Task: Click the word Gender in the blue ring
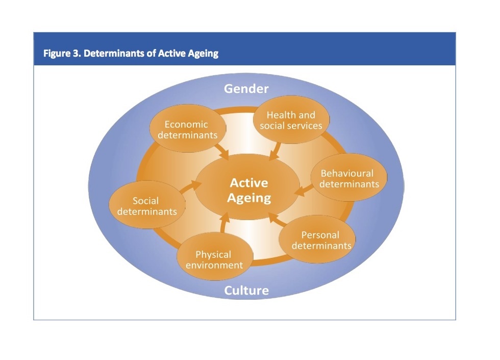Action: point(246,89)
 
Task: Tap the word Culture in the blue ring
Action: point(246,291)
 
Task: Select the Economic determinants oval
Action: point(188,128)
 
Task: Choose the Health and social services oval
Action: point(291,119)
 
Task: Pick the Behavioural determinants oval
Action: point(349,178)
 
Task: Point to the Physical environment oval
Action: point(215,256)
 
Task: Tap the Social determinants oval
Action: point(147,205)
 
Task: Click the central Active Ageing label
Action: point(249,190)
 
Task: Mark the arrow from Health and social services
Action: point(275,151)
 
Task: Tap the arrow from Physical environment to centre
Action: point(224,224)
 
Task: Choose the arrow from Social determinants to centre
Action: point(190,186)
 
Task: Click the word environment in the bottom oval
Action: point(214,265)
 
